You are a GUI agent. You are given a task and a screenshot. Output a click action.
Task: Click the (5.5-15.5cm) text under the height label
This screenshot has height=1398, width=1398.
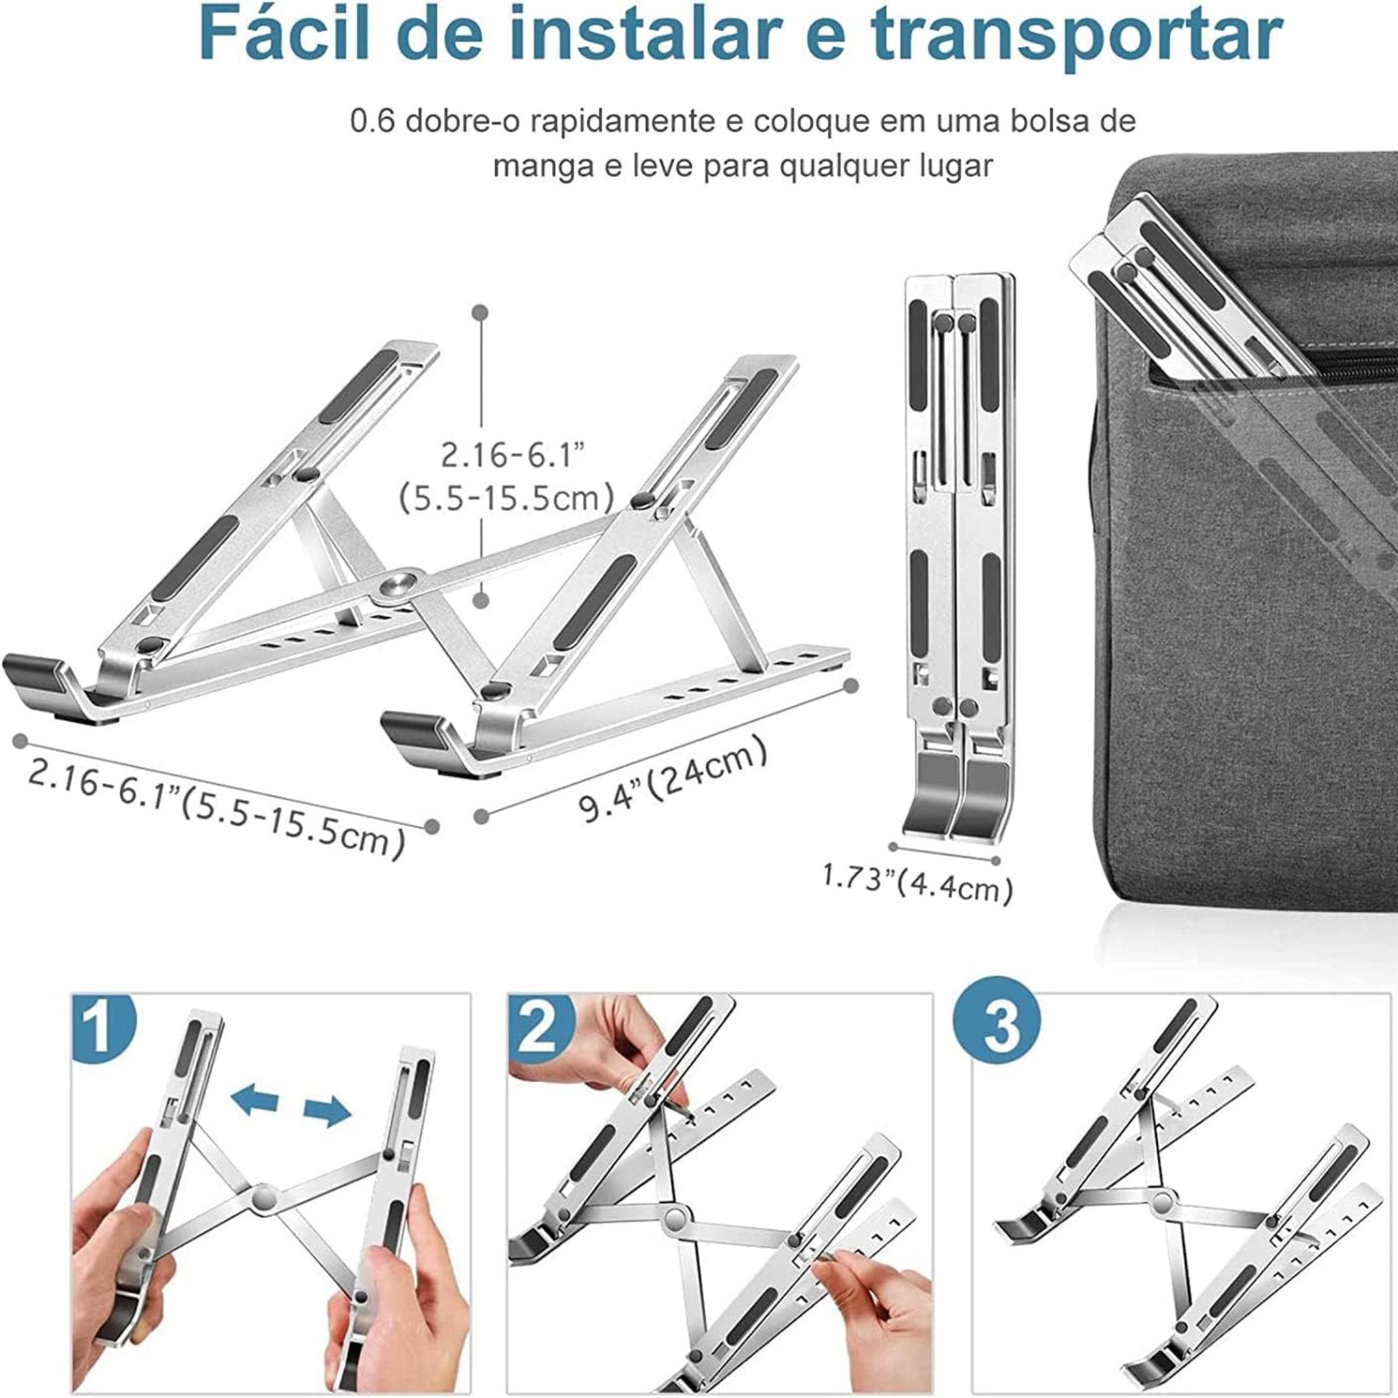[x=507, y=498]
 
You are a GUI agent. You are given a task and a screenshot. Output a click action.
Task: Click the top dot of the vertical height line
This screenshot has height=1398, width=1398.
[x=480, y=313]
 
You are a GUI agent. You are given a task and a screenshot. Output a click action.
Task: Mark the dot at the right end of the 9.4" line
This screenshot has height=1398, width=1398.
[x=852, y=684]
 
